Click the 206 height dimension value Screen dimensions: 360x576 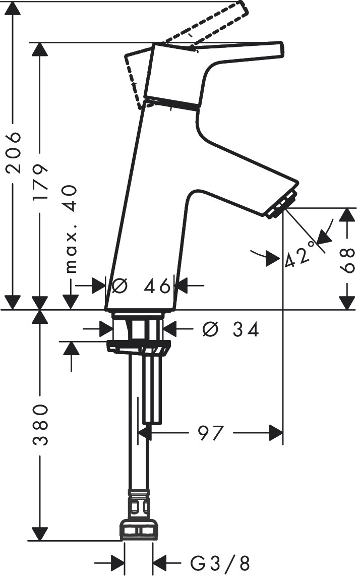(x=15, y=152)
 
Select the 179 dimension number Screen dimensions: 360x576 (x=40, y=182)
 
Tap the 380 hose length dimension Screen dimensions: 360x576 (x=40, y=425)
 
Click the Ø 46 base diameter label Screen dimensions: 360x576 (x=141, y=286)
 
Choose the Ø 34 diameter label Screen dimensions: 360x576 (x=231, y=329)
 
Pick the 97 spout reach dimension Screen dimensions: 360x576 (x=211, y=433)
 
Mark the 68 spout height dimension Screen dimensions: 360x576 (x=347, y=260)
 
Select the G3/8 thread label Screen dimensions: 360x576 (x=220, y=562)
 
